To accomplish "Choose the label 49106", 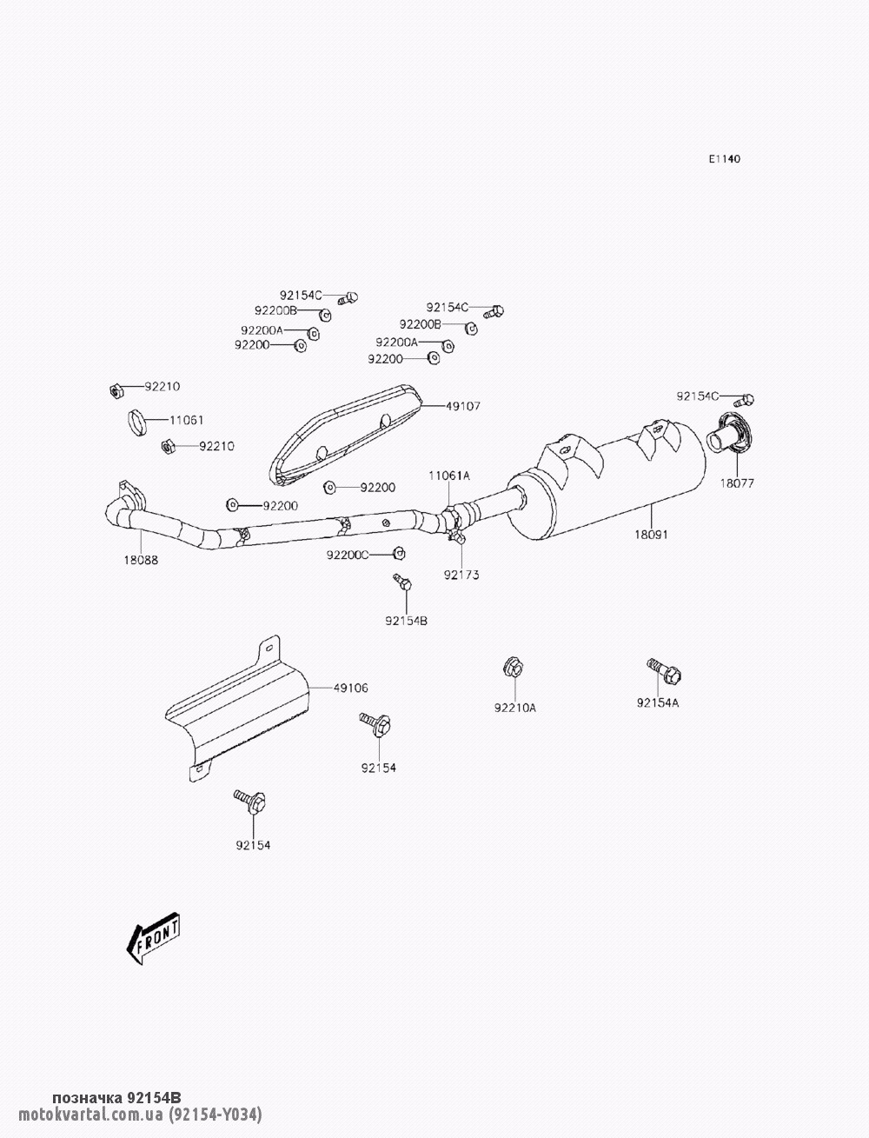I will click(x=351, y=688).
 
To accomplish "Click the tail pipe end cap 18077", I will click(x=726, y=435).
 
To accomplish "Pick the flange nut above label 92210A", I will click(x=513, y=668).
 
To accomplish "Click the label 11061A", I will click(x=448, y=475).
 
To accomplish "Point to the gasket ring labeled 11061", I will click(x=136, y=422).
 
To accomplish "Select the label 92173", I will click(x=461, y=575).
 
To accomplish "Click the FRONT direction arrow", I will click(x=153, y=940).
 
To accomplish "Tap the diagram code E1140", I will click(x=724, y=159).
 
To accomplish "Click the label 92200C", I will click(x=348, y=555).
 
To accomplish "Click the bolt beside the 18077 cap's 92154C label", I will click(x=745, y=400).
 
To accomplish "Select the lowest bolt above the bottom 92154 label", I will click(x=250, y=801).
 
